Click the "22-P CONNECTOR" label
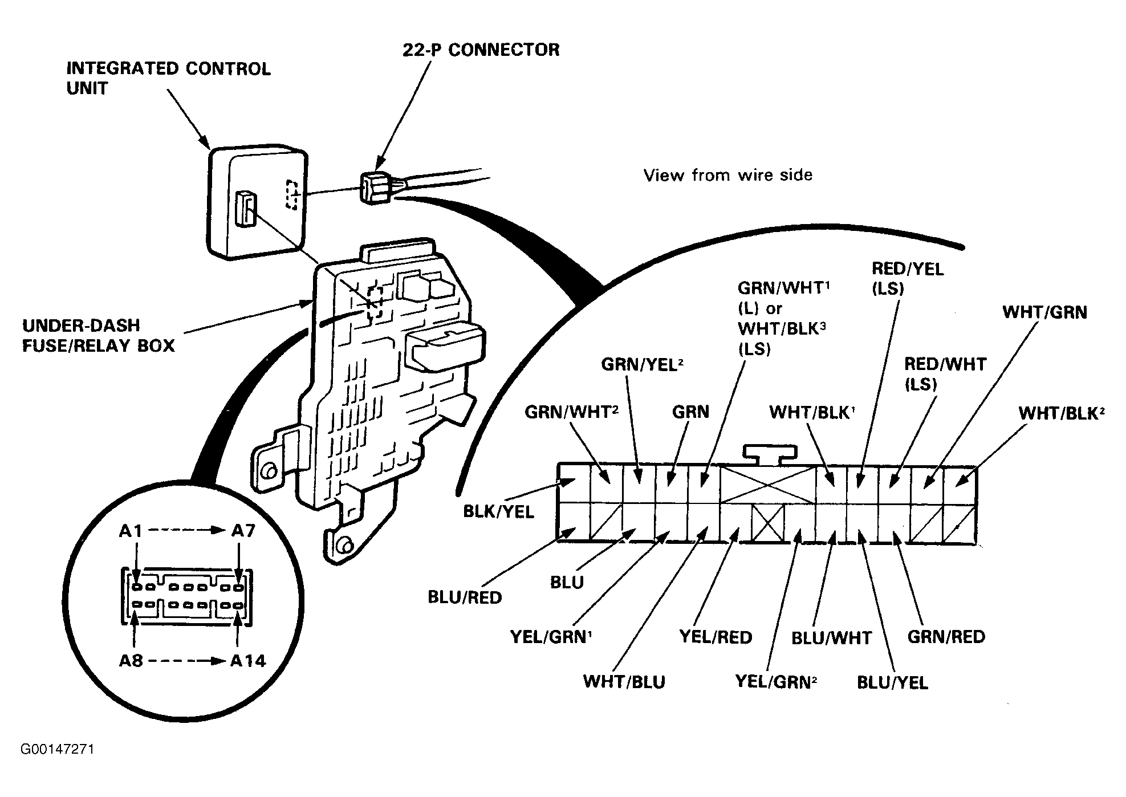click(x=481, y=50)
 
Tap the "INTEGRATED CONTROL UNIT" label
click(x=169, y=78)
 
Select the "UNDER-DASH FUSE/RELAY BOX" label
click(x=99, y=335)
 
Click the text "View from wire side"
click(x=728, y=174)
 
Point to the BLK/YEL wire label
click(x=498, y=511)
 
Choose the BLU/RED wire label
click(x=465, y=597)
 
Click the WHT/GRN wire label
click(x=1045, y=312)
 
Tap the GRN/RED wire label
click(x=946, y=636)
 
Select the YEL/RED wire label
click(x=716, y=636)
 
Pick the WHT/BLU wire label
click(x=624, y=681)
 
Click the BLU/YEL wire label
click(x=893, y=682)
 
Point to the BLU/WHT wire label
click(x=832, y=637)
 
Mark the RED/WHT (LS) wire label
click(x=945, y=373)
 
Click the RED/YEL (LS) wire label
click(x=908, y=278)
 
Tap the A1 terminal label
click(x=131, y=531)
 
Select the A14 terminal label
click(x=248, y=661)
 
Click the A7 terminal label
click(x=243, y=531)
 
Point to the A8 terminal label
click(x=131, y=661)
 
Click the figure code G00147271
click(x=58, y=749)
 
